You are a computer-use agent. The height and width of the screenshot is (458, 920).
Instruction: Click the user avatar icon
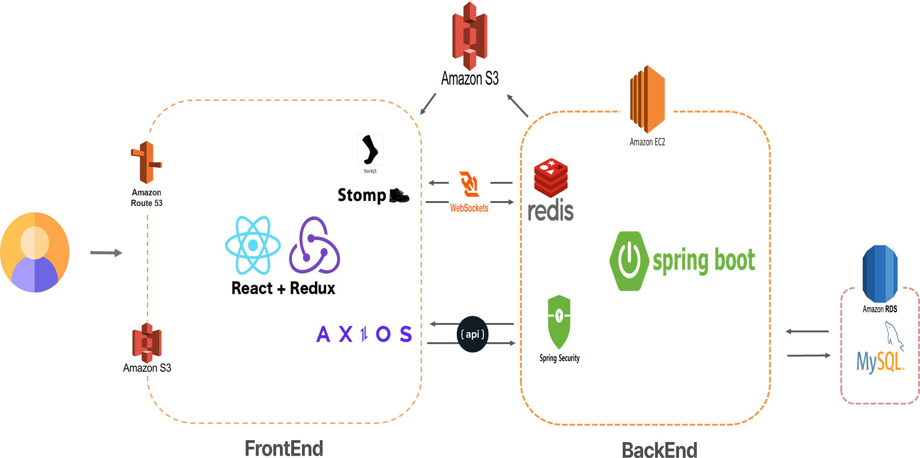(x=35, y=253)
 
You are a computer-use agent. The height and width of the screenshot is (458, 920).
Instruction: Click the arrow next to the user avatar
(x=106, y=253)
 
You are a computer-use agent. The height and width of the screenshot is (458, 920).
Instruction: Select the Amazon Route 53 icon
(x=146, y=162)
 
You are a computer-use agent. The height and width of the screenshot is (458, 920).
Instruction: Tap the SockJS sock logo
(x=370, y=150)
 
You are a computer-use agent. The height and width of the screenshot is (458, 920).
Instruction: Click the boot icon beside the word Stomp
(x=399, y=195)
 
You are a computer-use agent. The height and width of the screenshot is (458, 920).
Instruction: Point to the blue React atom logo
(x=253, y=245)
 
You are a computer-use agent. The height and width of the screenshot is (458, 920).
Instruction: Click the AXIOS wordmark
(x=364, y=334)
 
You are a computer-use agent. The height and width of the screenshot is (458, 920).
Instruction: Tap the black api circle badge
(x=472, y=334)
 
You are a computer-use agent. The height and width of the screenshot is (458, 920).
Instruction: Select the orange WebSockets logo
(x=469, y=184)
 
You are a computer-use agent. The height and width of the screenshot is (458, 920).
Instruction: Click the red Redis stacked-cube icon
(x=551, y=178)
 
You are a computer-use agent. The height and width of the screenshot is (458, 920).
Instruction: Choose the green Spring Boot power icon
(x=629, y=261)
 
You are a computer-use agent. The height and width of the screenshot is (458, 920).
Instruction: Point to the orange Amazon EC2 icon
(x=647, y=99)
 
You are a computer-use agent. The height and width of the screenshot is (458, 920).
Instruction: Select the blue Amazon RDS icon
(x=880, y=274)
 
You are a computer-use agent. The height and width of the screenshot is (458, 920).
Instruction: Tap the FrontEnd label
(x=284, y=449)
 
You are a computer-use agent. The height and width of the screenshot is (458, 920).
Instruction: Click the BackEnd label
(x=659, y=450)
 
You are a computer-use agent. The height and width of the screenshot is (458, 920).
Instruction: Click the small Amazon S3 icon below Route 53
(x=147, y=342)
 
